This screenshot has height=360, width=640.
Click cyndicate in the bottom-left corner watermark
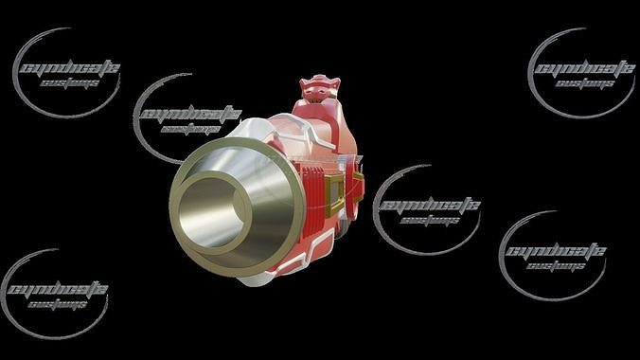58,290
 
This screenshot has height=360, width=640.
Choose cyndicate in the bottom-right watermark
555,253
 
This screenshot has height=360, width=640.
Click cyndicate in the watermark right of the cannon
429,207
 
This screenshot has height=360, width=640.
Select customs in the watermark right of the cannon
430,222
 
